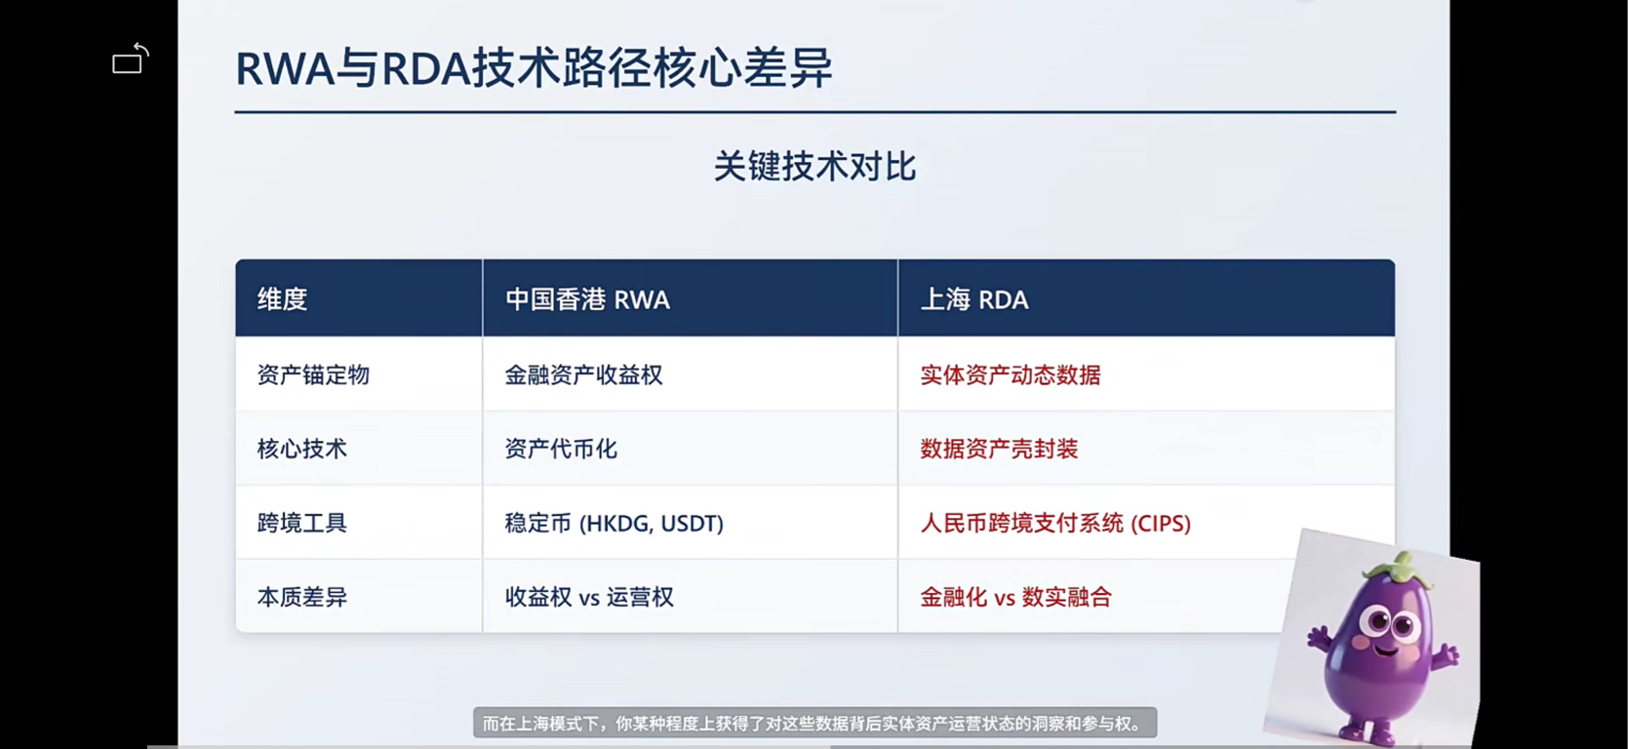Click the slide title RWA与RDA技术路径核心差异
(x=534, y=68)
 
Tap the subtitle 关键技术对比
(x=814, y=167)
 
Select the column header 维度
(x=282, y=299)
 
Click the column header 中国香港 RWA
(x=587, y=299)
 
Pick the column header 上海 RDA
(x=974, y=299)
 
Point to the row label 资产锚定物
(x=313, y=374)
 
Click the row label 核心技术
(x=302, y=449)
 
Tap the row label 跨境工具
(x=302, y=523)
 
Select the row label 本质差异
(x=302, y=597)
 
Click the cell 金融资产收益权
(x=583, y=374)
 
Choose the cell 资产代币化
(x=561, y=449)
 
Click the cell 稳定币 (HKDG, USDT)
(x=615, y=523)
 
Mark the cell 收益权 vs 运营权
(x=589, y=597)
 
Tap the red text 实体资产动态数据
(x=1011, y=374)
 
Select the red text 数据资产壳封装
(x=999, y=449)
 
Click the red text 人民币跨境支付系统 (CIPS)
(x=1055, y=523)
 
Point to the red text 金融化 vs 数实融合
(x=1016, y=597)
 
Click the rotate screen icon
(x=131, y=59)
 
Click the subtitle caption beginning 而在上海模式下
(x=814, y=724)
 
